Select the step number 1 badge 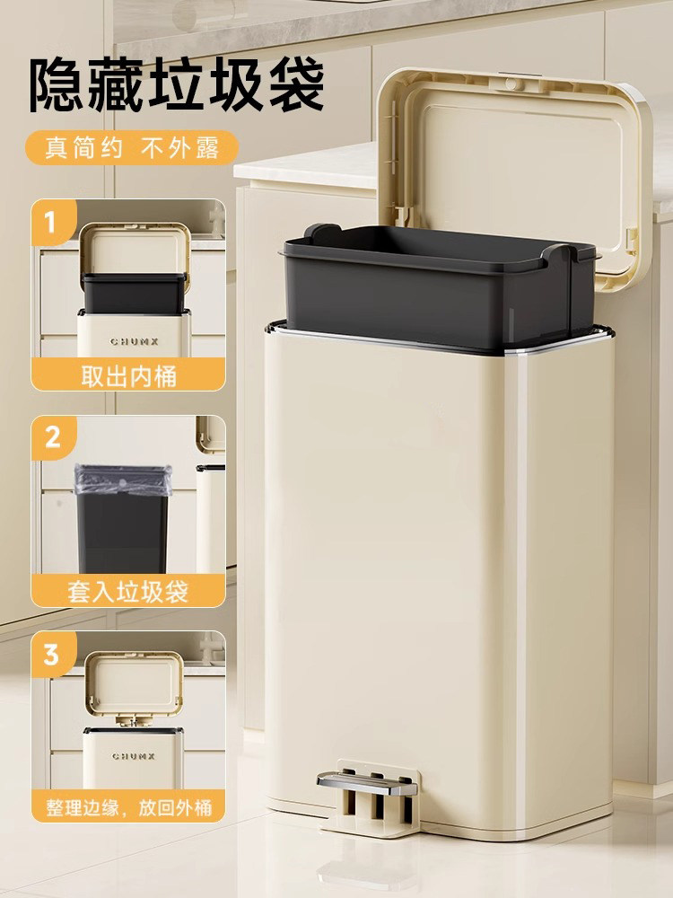51,220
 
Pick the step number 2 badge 52,437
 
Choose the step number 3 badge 52,654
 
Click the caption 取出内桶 128,374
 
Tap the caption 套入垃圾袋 128,591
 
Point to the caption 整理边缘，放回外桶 128,806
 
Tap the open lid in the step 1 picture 134,248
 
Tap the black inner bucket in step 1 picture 134,292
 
